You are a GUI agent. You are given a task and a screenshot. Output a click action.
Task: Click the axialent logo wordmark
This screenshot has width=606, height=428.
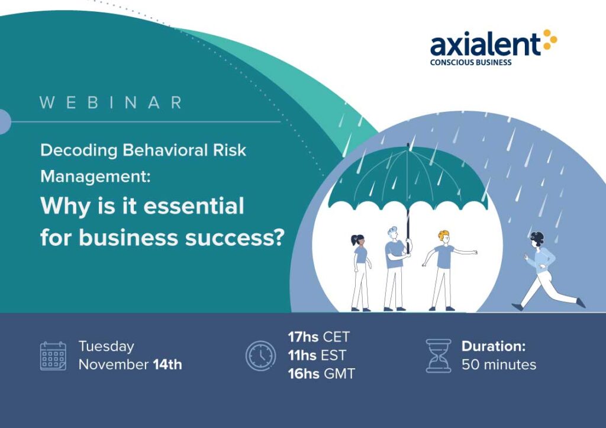485,44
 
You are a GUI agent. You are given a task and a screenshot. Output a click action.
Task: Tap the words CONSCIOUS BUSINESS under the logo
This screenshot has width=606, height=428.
470,63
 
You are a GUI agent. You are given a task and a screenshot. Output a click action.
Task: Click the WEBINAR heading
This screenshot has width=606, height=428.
111,103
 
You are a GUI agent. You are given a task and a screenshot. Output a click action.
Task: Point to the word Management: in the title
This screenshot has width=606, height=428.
95,176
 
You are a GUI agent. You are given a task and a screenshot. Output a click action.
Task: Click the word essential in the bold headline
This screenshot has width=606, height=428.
194,205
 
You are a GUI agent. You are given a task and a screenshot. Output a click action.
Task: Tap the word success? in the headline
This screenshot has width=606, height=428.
234,238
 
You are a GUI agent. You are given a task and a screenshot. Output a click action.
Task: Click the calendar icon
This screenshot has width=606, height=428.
53,356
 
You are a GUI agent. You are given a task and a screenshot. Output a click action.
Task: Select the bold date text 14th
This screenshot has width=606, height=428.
167,365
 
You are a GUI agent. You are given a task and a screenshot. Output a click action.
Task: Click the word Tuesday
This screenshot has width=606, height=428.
107,346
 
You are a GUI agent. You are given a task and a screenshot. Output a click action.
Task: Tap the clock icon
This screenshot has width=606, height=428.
261,356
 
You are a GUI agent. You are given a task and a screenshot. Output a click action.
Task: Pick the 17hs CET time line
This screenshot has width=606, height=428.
318,337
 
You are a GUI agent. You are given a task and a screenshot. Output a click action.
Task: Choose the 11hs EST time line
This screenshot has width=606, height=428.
317,355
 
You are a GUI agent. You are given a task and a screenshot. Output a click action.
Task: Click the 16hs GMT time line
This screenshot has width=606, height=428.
321,374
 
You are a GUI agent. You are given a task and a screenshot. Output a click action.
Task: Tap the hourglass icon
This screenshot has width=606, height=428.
439,356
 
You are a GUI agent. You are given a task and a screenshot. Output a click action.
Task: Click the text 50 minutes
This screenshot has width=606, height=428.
499,365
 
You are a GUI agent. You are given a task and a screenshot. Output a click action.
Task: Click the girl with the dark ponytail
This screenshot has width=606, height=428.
361,272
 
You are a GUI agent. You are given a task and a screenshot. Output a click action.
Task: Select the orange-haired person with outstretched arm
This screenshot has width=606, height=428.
446,271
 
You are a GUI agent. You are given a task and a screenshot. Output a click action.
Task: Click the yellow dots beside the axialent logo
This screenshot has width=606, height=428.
550,40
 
